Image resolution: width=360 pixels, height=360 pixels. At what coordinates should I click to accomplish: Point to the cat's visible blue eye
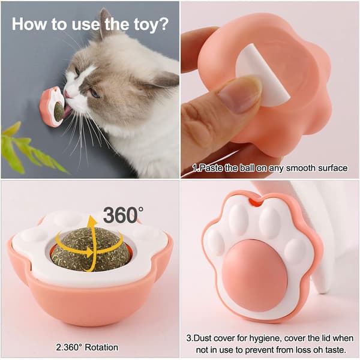click(94, 94)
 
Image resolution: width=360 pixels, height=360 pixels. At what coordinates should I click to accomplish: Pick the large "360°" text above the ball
click(123, 215)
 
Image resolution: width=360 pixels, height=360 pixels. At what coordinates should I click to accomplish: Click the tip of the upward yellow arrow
click(92, 216)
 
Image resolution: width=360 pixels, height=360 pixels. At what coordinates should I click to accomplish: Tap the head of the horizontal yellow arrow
click(89, 253)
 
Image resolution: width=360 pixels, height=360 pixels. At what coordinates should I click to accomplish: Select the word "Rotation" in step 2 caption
click(101, 347)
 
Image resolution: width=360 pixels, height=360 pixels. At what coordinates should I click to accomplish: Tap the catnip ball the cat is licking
click(58, 112)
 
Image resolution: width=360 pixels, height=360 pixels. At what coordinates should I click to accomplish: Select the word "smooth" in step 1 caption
click(299, 168)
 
